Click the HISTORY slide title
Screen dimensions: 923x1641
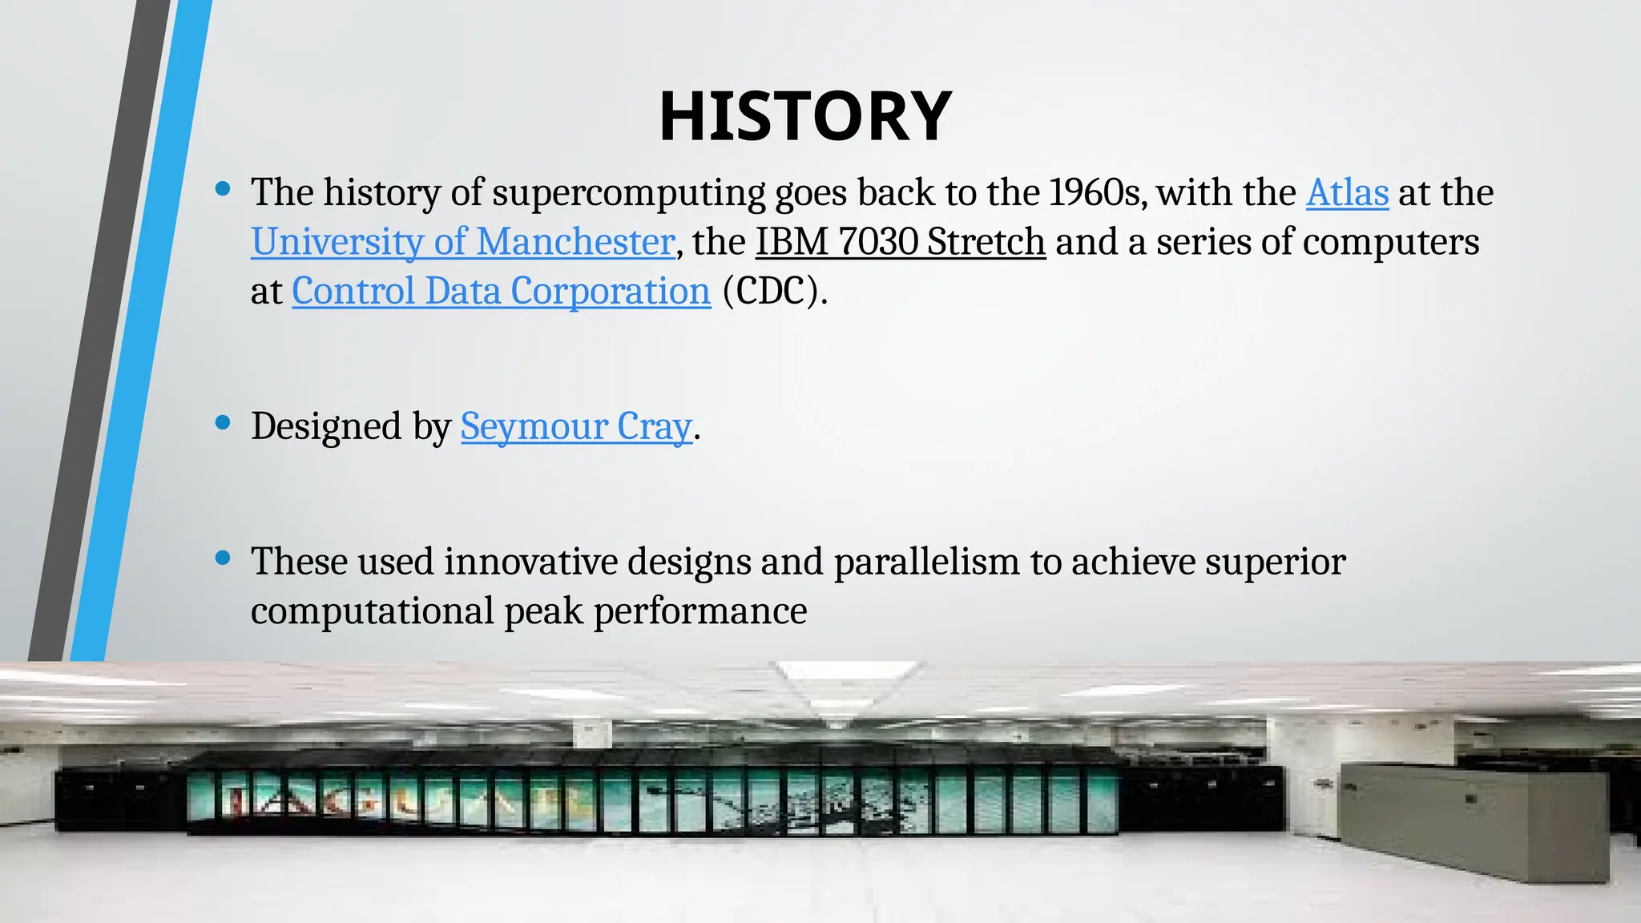(x=804, y=117)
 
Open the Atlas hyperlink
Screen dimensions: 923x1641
(x=1347, y=193)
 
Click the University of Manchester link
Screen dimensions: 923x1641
(x=463, y=242)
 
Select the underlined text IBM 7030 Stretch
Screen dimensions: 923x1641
(x=901, y=242)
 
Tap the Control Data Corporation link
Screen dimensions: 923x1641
(x=501, y=291)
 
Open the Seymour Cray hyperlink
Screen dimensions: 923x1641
(x=576, y=426)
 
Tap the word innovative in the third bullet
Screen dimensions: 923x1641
(x=530, y=562)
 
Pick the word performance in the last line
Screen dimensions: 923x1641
(x=700, y=612)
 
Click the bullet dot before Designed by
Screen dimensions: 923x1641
(x=224, y=422)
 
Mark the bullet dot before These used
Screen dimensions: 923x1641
(x=224, y=558)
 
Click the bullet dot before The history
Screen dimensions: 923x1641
(x=224, y=189)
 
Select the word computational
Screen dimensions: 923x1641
(x=372, y=612)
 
